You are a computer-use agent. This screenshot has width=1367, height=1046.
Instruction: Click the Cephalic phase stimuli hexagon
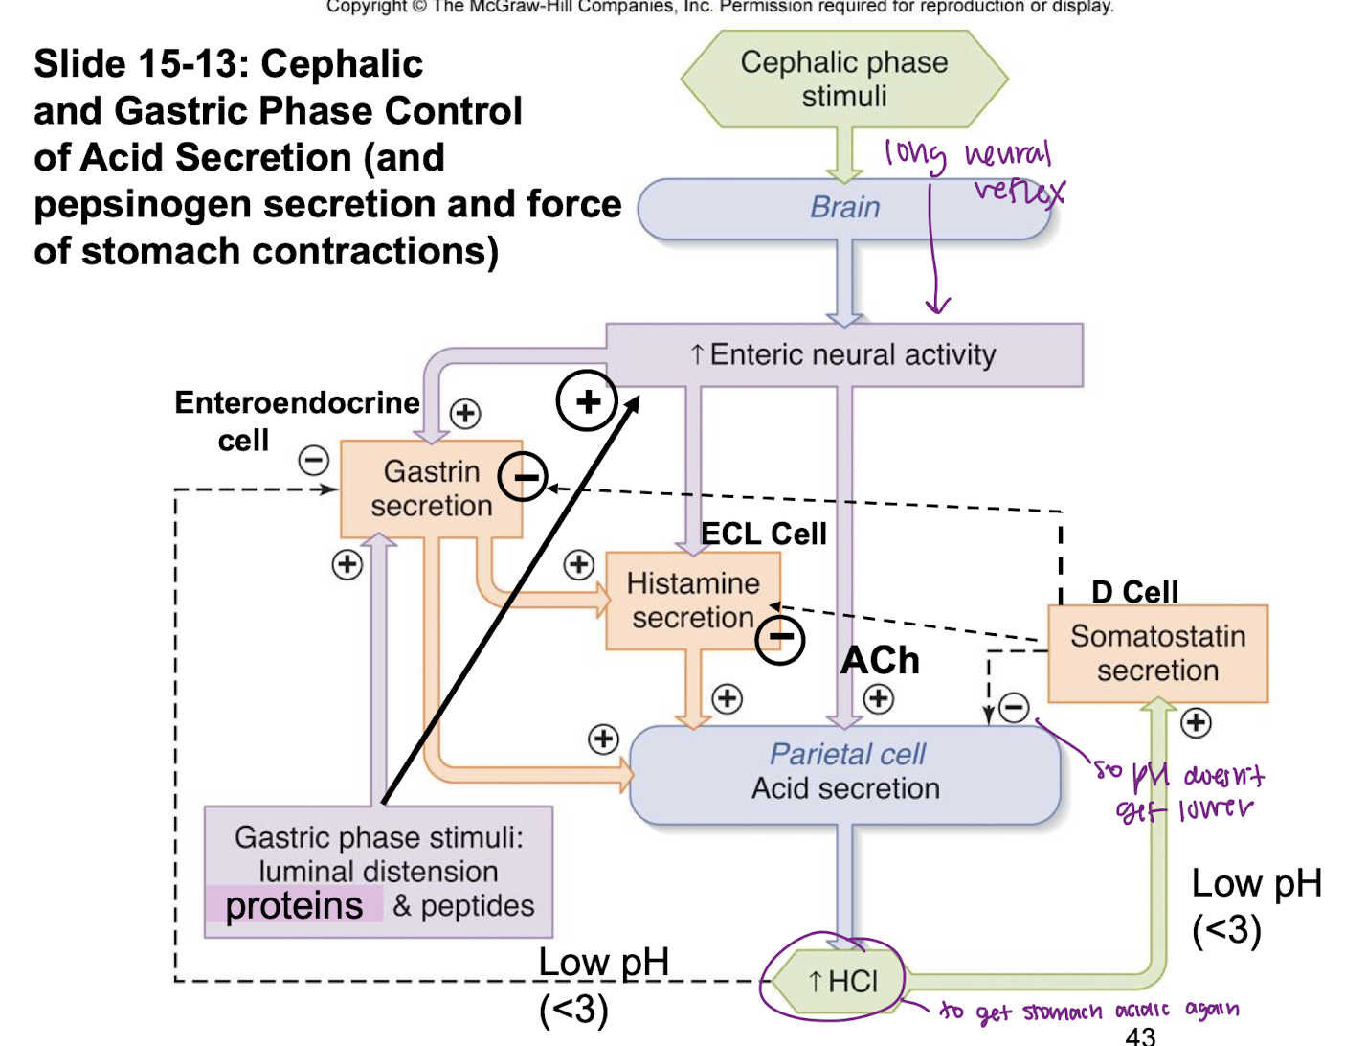click(x=843, y=79)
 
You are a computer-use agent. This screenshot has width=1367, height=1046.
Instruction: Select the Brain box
click(x=843, y=207)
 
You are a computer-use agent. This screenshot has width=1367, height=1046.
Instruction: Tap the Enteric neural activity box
click(x=843, y=354)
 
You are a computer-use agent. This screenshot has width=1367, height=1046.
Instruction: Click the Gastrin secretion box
click(x=431, y=489)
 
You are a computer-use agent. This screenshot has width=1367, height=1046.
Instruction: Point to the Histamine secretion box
click(x=692, y=601)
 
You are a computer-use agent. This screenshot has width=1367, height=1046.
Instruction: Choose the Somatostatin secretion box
click(x=1157, y=653)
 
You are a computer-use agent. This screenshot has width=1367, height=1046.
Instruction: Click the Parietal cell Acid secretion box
click(x=845, y=772)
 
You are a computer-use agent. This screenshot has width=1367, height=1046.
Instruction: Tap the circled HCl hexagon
click(x=841, y=981)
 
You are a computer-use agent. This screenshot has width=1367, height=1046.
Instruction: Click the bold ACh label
click(x=880, y=660)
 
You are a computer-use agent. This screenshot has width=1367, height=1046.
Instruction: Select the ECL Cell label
click(x=763, y=534)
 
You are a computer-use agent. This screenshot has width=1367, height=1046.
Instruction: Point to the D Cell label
click(x=1134, y=592)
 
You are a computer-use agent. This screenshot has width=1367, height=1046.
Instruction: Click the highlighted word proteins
click(x=294, y=905)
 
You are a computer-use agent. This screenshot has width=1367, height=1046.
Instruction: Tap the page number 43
click(x=1140, y=1035)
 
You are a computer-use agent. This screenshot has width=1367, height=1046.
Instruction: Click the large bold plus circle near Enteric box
click(x=587, y=400)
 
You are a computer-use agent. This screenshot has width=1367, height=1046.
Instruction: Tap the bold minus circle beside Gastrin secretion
click(x=524, y=476)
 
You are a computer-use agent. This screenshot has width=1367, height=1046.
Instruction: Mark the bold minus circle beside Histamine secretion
click(x=780, y=638)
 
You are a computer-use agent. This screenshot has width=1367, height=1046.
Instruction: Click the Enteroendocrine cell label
click(x=296, y=421)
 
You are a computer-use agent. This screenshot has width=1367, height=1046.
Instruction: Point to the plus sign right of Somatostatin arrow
click(x=1196, y=722)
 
